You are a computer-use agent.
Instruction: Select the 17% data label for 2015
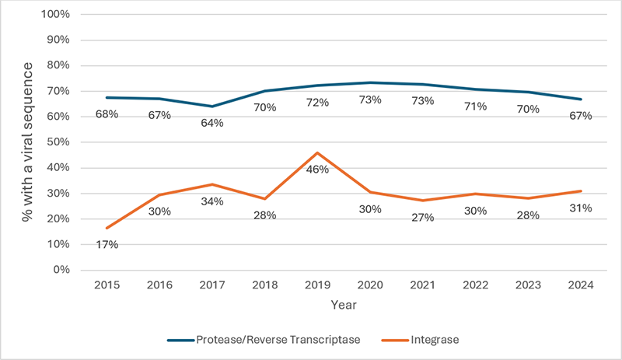pos(107,245)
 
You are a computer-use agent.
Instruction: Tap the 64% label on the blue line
pos(211,123)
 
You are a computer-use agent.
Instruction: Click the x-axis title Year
pos(343,304)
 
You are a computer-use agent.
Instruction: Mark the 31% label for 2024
pos(580,208)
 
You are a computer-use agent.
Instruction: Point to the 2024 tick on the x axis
pos(580,285)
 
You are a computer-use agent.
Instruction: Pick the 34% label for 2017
pos(211,201)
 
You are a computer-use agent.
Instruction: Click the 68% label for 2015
pos(107,115)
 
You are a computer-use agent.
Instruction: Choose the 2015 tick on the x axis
pos(107,285)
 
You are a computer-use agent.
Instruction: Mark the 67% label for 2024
pos(580,116)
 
